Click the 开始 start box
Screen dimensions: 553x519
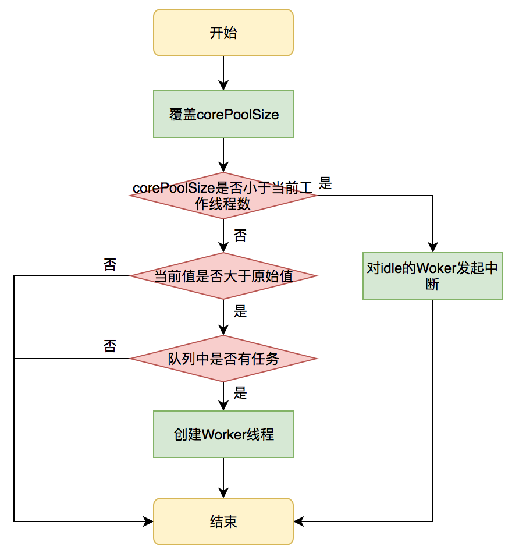223,33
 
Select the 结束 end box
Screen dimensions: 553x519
223,522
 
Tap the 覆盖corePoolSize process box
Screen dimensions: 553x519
223,114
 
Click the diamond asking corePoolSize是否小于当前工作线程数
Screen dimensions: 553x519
223,196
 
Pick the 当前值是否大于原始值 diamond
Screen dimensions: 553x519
223,276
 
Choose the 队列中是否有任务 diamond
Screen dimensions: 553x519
223,359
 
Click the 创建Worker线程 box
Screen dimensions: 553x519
223,434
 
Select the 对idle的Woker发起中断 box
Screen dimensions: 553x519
432,276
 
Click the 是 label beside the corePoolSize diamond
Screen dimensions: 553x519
325,184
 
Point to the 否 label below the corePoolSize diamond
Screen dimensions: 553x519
240,236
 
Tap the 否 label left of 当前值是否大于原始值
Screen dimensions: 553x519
110,265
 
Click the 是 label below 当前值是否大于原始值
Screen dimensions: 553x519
240,311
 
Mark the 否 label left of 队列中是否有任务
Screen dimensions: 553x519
110,346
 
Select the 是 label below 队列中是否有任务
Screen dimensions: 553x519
240,393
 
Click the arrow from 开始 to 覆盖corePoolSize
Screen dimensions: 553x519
223,73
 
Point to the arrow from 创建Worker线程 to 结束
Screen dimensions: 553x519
223,477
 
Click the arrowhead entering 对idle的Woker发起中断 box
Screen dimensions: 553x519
433,247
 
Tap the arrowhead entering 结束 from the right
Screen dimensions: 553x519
298,522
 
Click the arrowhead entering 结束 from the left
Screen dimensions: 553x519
148,522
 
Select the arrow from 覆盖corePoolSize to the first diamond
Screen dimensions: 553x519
223,154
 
